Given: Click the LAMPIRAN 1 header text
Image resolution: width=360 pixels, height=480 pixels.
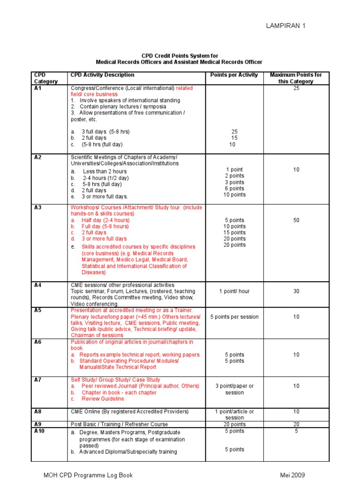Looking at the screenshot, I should tap(285, 26).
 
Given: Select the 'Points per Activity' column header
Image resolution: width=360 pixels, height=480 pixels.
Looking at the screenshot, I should tap(234, 75).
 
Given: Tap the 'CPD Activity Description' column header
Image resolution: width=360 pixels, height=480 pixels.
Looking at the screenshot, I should tap(102, 75).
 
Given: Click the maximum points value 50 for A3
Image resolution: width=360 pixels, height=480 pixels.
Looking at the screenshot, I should tap(296, 220).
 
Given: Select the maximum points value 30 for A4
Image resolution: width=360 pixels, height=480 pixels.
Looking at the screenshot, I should tap(296, 291).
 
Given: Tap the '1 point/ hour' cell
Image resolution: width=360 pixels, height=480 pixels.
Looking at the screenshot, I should tap(234, 291).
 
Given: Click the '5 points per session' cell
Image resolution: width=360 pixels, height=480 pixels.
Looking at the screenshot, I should tap(234, 317).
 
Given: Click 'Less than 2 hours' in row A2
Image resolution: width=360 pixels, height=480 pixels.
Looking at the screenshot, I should tap(105, 172).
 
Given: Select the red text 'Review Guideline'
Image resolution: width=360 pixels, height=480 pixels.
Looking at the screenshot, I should tap(103, 399).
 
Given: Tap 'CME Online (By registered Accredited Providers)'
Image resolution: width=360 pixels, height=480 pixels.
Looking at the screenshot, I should tap(129, 412).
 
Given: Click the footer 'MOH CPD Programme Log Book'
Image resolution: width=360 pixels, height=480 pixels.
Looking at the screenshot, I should tap(88, 475).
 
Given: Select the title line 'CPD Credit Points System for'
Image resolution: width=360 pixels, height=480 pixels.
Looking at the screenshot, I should tap(180, 56).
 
